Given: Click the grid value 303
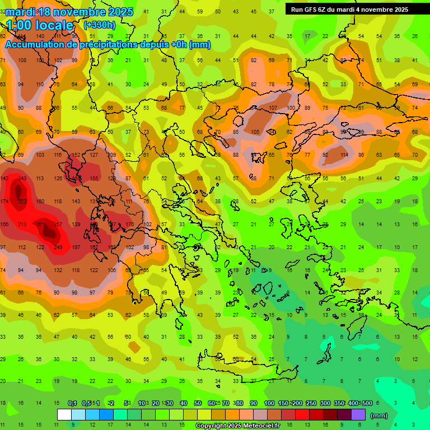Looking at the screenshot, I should [x=22, y=201].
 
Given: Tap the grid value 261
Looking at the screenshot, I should [x=40, y=225].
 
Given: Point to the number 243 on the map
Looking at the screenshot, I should [x=22, y=179].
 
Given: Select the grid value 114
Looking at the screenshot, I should [x=343, y=155].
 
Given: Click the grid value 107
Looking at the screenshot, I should [x=273, y=108].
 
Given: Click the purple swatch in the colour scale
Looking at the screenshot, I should [x=358, y=415].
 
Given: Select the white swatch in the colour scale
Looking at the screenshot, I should [x=64, y=415].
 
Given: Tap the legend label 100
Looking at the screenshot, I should [x=269, y=404].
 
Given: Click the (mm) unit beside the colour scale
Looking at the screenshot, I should [x=379, y=415].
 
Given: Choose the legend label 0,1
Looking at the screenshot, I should [x=72, y=404].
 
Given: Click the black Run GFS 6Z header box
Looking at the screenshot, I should [x=349, y=10].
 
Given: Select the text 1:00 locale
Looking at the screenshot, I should [x=40, y=25].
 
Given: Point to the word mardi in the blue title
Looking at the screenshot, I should [x=20, y=12].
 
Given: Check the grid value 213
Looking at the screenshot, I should [x=22, y=225].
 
